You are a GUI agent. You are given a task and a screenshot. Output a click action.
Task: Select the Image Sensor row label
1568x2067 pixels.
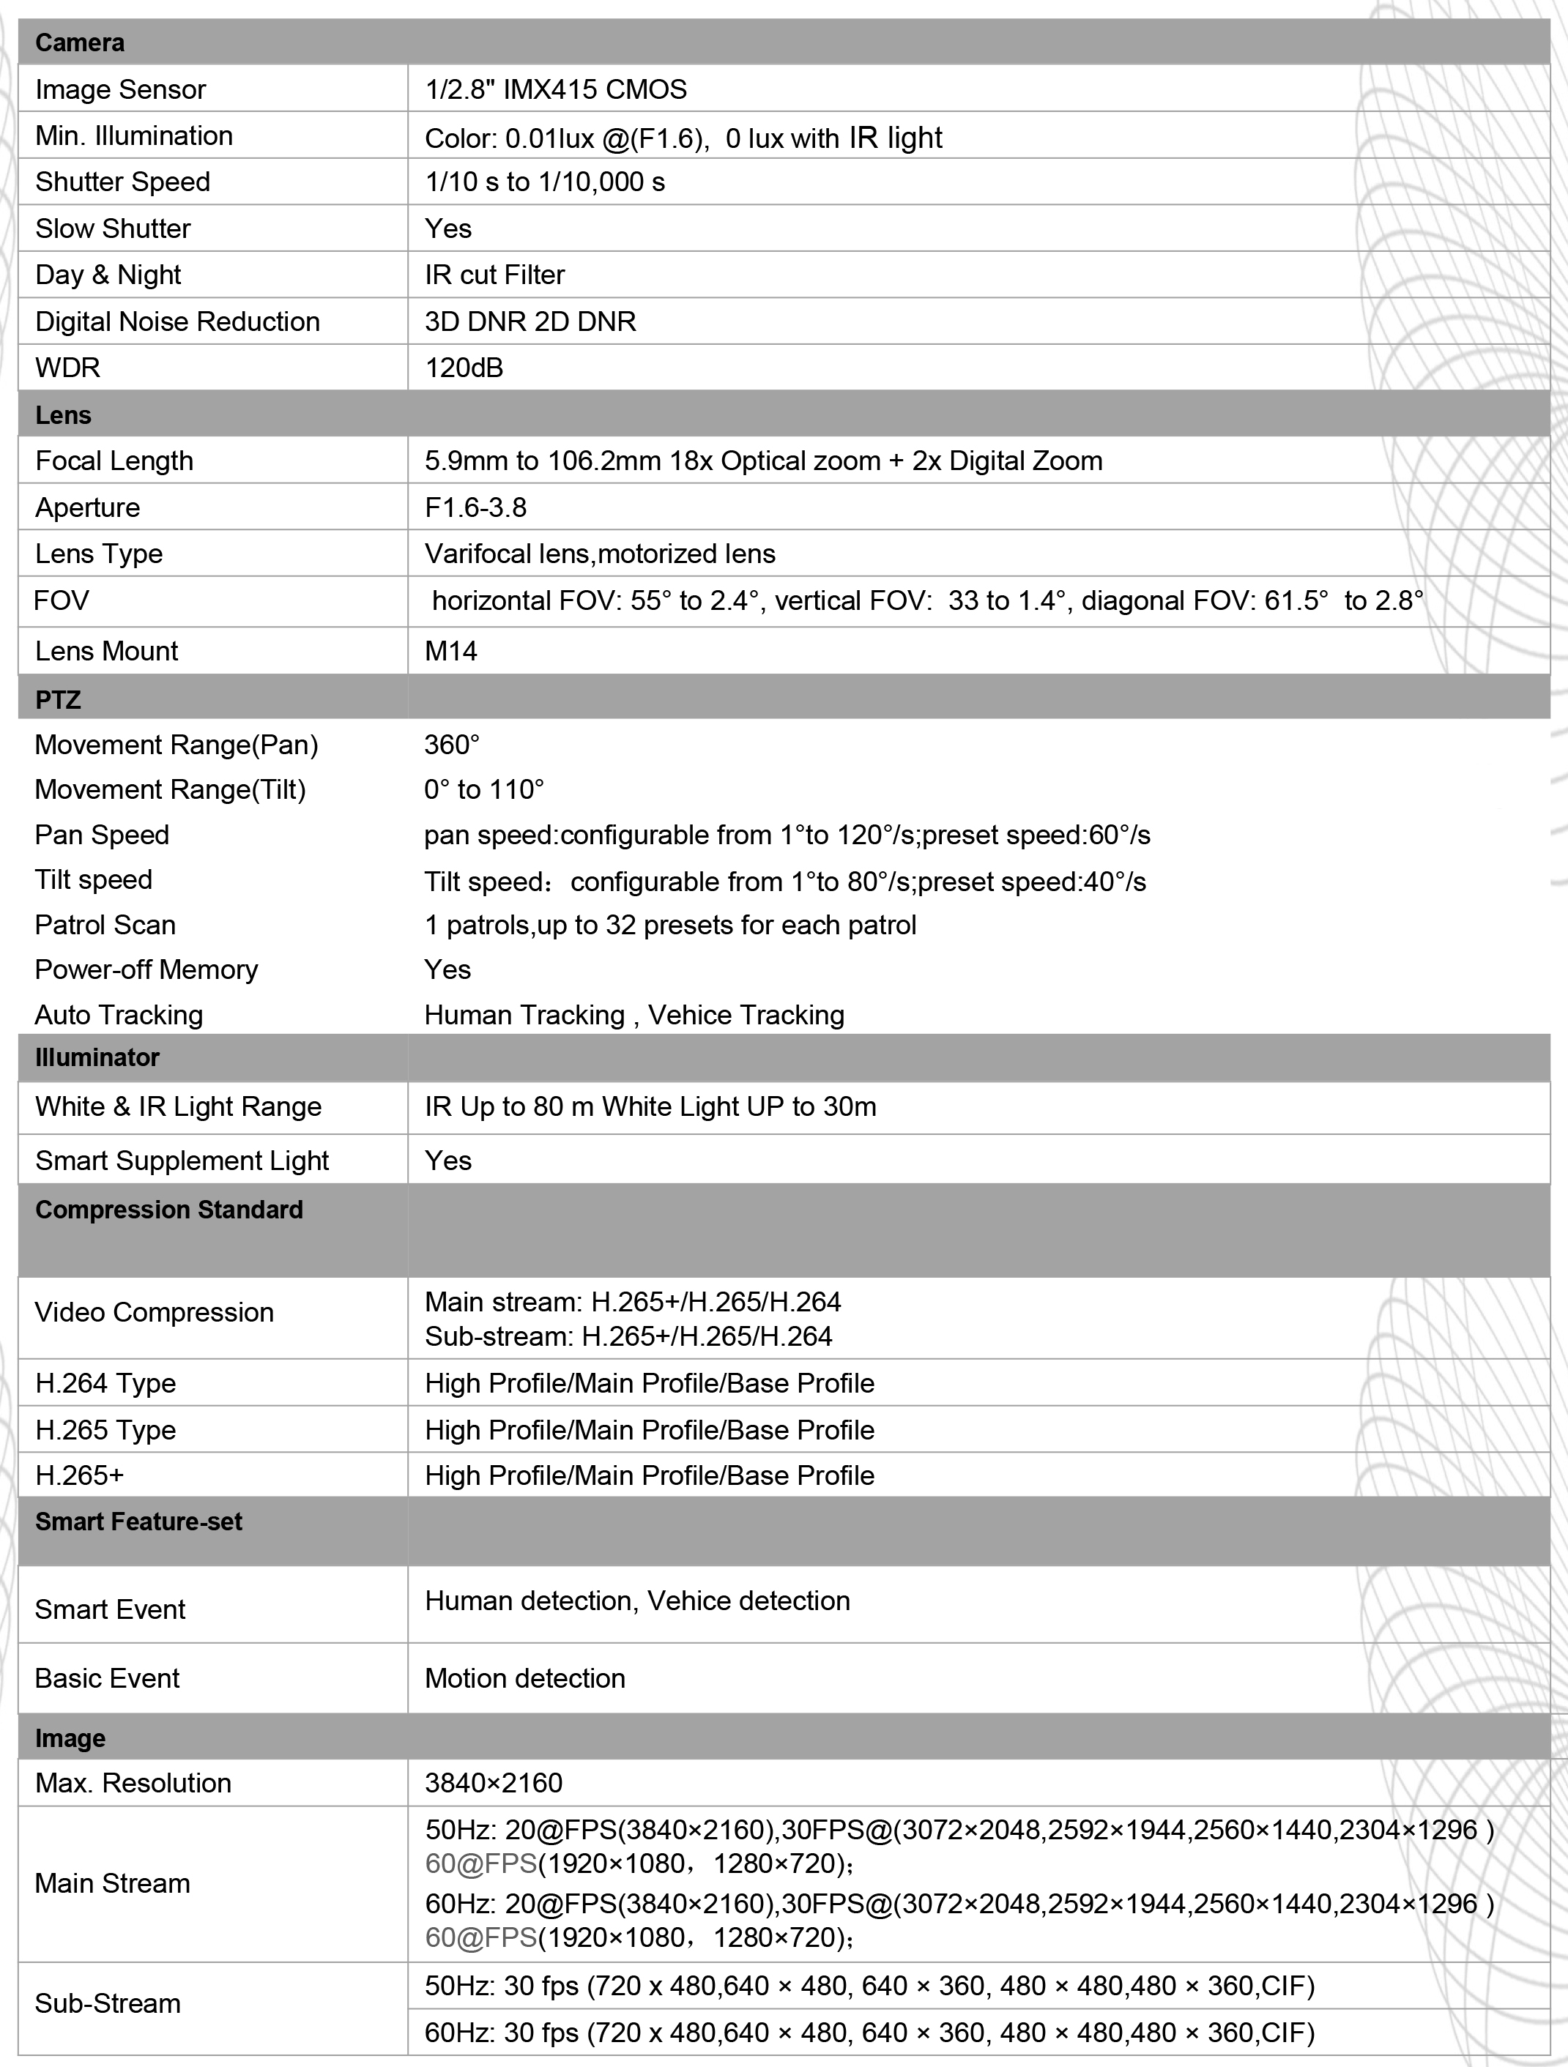click(121, 90)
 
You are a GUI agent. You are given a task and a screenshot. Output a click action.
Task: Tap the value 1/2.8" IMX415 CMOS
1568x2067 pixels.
click(555, 90)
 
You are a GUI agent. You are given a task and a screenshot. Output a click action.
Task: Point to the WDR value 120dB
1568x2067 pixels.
click(464, 368)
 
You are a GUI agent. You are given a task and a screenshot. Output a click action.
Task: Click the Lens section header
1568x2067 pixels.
click(64, 415)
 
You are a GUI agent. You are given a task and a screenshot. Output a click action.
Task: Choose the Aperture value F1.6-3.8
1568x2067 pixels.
click(475, 507)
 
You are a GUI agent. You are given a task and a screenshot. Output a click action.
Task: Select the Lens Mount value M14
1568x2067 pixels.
click(450, 652)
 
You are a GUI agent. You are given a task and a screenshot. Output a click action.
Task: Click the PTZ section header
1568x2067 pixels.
click(58, 700)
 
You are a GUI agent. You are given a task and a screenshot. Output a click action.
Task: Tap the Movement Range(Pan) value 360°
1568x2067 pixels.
click(451, 745)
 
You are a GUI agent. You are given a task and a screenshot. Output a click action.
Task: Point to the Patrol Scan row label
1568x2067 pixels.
click(105, 925)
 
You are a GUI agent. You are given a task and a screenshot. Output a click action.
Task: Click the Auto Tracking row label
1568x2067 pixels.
click(119, 1015)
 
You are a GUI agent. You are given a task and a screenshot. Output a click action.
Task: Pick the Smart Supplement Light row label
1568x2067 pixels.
click(182, 1161)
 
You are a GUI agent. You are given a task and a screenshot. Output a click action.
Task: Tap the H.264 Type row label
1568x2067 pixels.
click(105, 1383)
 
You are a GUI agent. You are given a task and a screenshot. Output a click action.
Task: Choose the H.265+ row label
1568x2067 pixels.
click(79, 1475)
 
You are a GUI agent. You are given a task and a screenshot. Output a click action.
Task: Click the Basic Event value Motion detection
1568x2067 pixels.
click(524, 1678)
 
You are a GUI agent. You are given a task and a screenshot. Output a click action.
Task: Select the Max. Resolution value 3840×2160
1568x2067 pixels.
click(494, 1783)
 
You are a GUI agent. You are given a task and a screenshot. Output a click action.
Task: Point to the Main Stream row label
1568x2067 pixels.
click(112, 1883)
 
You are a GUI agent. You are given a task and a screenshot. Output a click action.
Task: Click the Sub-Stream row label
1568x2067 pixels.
click(108, 2003)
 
